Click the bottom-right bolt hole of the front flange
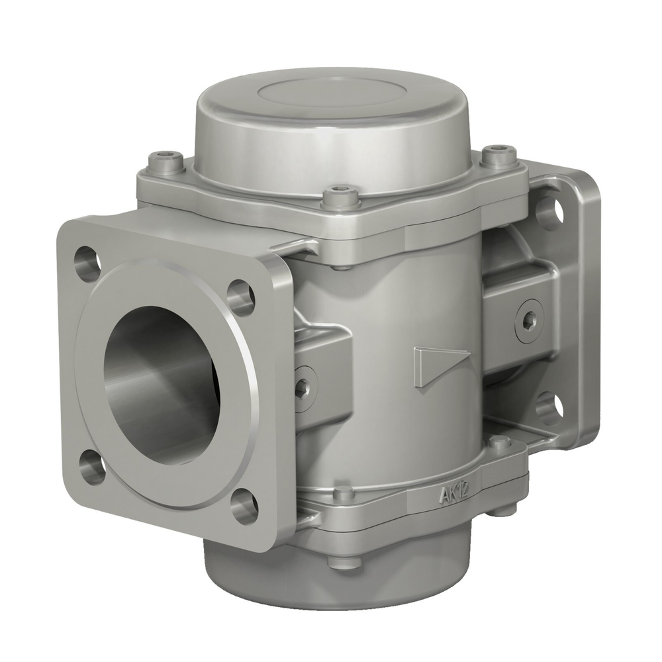(x=244, y=504)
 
